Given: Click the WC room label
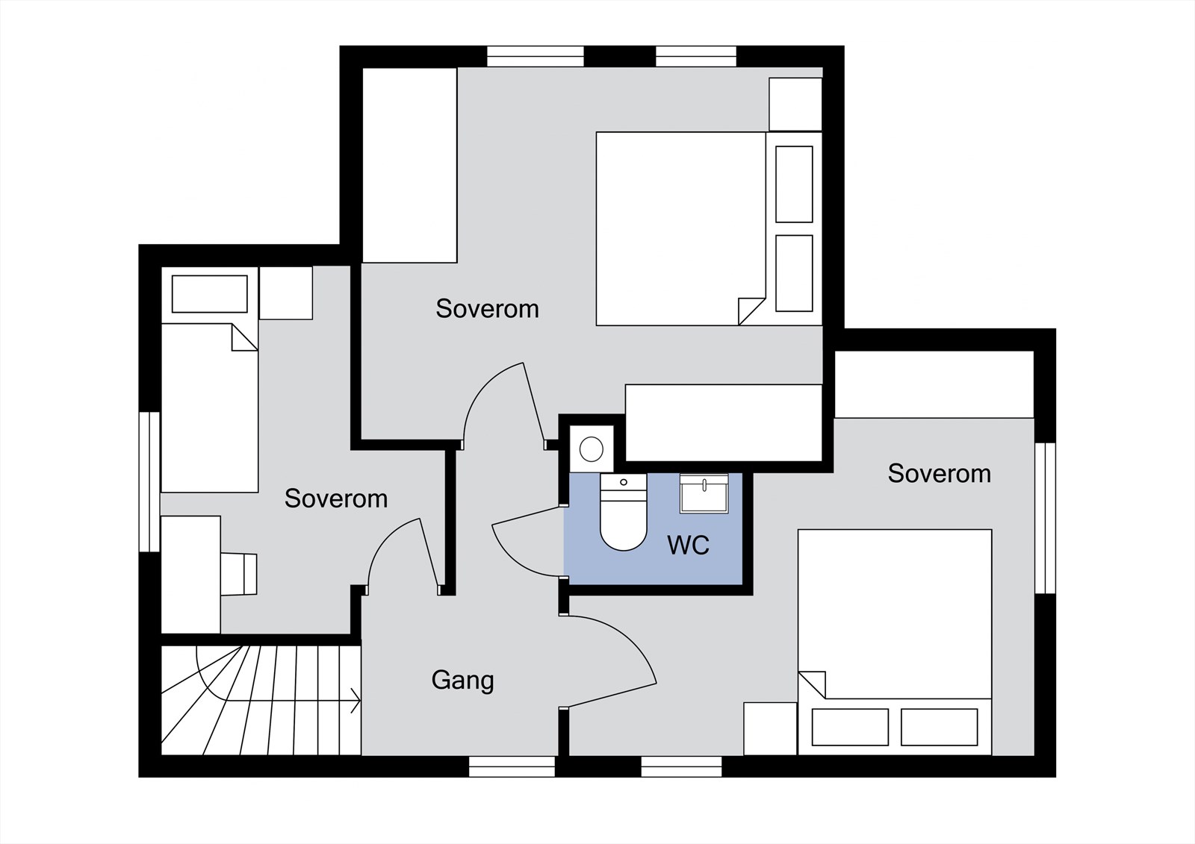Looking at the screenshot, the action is [x=688, y=545].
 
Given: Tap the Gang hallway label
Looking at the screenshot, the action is [x=462, y=681].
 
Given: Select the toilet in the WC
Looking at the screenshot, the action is [x=623, y=512].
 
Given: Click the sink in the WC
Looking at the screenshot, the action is [x=704, y=494].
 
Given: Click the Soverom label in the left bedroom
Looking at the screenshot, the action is [x=336, y=498].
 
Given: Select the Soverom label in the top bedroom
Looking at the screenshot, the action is [x=487, y=309].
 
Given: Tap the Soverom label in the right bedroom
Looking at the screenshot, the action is [x=939, y=473].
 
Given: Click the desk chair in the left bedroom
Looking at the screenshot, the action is [x=239, y=574].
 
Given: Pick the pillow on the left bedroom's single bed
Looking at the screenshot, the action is [x=210, y=294].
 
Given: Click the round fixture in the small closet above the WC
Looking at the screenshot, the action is [x=591, y=449].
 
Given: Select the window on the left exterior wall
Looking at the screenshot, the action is [x=149, y=481].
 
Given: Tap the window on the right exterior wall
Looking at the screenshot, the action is [x=1045, y=518].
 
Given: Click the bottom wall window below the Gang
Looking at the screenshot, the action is [x=512, y=766].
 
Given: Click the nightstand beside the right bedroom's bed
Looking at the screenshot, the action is [x=770, y=728].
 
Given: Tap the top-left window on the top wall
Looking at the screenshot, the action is [x=536, y=57].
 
